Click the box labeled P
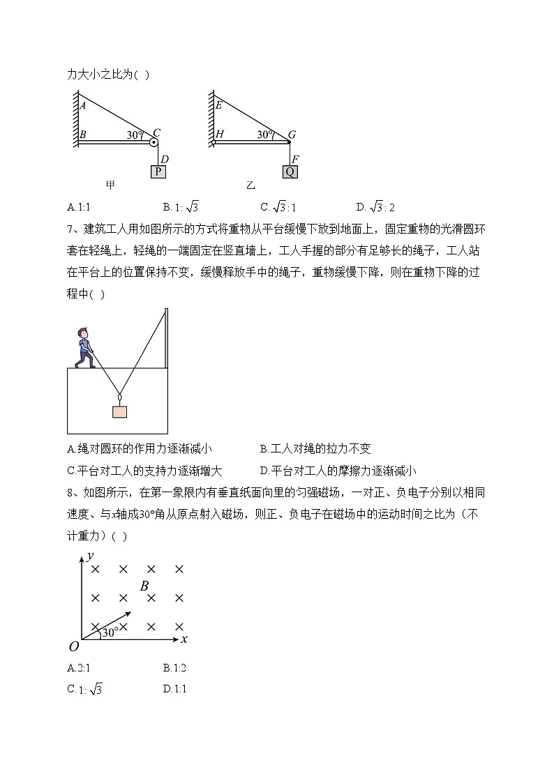(158, 172)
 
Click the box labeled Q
(290, 172)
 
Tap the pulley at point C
(154, 142)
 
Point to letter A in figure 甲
(82, 106)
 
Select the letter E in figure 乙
(219, 105)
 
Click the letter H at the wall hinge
(219, 134)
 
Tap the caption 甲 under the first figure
(111, 185)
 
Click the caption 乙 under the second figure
(251, 185)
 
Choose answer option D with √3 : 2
(375, 206)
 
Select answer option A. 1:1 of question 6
(80, 206)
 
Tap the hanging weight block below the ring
(120, 411)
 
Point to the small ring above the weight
(120, 398)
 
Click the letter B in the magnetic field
(144, 586)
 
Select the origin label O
(73, 646)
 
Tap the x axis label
(184, 638)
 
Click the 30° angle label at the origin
(110, 632)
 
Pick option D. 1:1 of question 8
(174, 689)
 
